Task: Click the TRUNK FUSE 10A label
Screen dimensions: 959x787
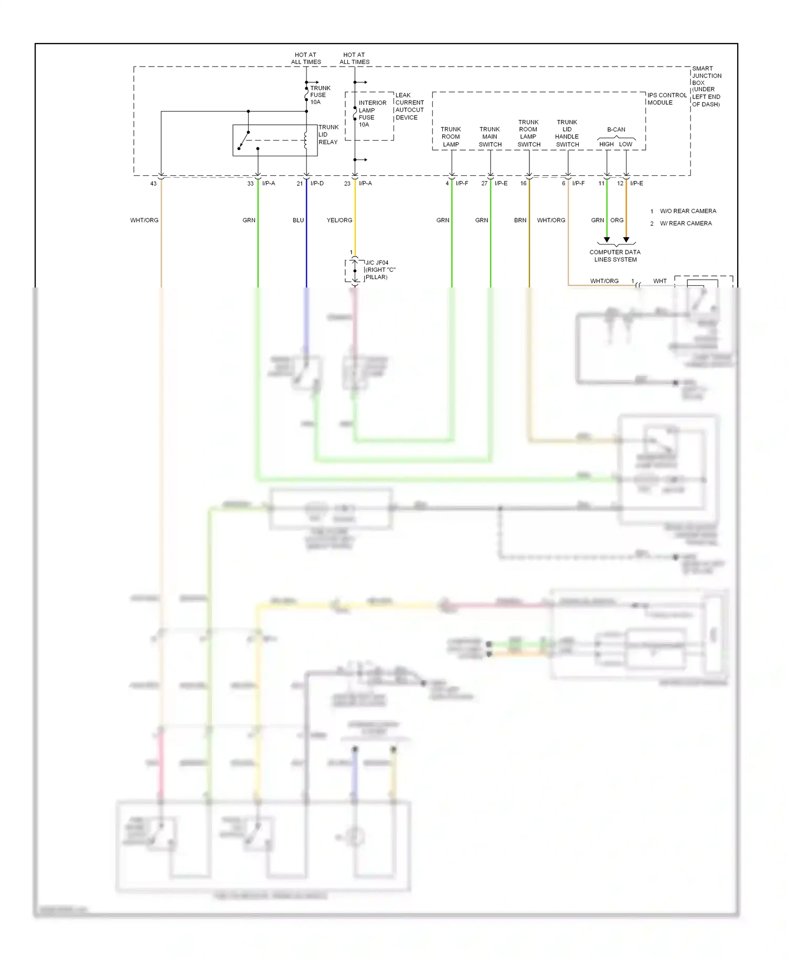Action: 320,95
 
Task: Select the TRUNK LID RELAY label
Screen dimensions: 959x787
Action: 328,134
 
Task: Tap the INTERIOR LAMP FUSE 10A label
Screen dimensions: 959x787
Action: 372,113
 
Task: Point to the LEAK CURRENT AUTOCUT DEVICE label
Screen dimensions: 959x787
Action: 409,106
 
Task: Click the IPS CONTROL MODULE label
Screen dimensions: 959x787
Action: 666,99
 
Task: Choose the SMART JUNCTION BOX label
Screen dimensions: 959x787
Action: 706,86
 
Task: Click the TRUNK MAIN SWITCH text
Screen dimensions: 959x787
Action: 490,136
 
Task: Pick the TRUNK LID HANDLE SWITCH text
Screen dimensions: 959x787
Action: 567,133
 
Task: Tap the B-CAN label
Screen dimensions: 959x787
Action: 616,130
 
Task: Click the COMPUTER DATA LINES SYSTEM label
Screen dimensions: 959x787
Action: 615,255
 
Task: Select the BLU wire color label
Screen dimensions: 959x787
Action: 298,220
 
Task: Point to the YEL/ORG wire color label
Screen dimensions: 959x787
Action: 339,220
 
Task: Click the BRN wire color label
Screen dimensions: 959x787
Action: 520,220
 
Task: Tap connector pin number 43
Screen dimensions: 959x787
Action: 153,184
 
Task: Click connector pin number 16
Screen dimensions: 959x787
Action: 523,184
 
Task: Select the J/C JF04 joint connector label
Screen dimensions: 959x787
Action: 379,270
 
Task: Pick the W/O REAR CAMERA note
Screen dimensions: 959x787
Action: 688,211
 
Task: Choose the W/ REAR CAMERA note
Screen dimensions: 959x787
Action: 686,223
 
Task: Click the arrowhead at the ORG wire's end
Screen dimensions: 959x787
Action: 626,240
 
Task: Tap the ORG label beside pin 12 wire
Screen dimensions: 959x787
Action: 617,220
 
